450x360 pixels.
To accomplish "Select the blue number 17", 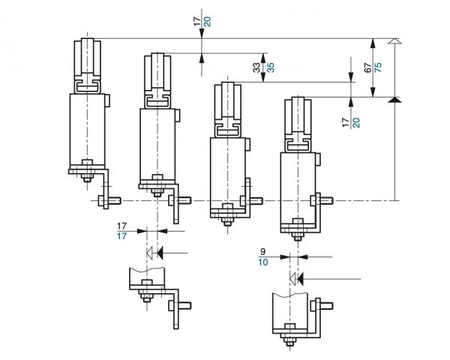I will click(121, 236).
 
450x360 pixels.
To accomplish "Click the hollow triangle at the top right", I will click(394, 42).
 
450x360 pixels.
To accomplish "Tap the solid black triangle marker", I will click(394, 99).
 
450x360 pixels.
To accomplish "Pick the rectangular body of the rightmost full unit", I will click(298, 185).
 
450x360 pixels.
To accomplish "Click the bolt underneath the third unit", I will click(227, 219).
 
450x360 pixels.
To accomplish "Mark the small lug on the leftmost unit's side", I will click(107, 100).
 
